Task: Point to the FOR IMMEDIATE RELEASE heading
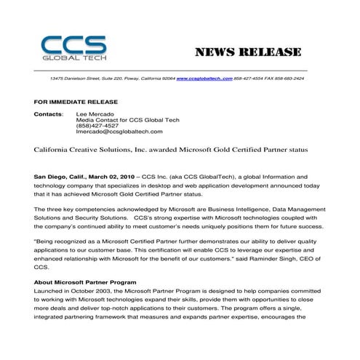point(76,102)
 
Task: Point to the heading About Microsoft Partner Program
point(85,281)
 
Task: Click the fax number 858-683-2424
point(292,77)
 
